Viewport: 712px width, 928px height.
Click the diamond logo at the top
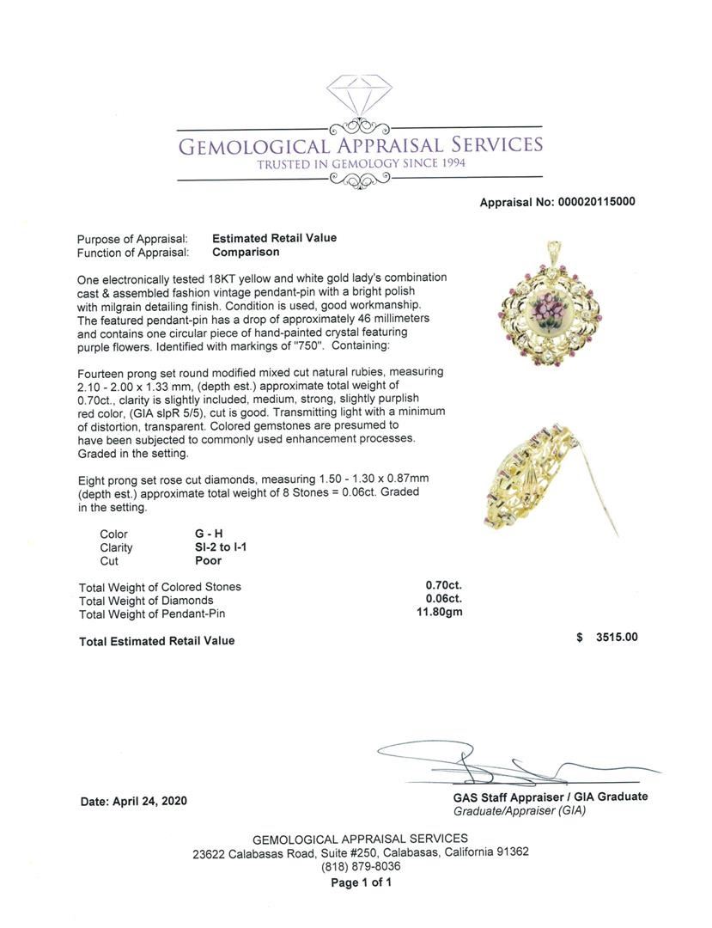point(359,95)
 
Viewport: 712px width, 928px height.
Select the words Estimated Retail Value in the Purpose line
point(274,238)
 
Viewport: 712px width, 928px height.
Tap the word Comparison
point(246,253)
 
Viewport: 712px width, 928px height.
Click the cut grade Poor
point(208,560)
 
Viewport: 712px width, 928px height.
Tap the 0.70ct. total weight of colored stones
point(444,586)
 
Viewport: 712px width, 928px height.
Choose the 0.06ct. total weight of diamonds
point(444,600)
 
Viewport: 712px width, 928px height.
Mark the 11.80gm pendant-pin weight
point(441,614)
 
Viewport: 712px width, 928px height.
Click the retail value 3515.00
point(617,638)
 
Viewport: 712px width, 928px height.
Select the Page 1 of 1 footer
point(361,882)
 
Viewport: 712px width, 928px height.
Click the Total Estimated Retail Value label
point(156,641)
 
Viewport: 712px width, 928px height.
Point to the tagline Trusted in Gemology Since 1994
point(360,164)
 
